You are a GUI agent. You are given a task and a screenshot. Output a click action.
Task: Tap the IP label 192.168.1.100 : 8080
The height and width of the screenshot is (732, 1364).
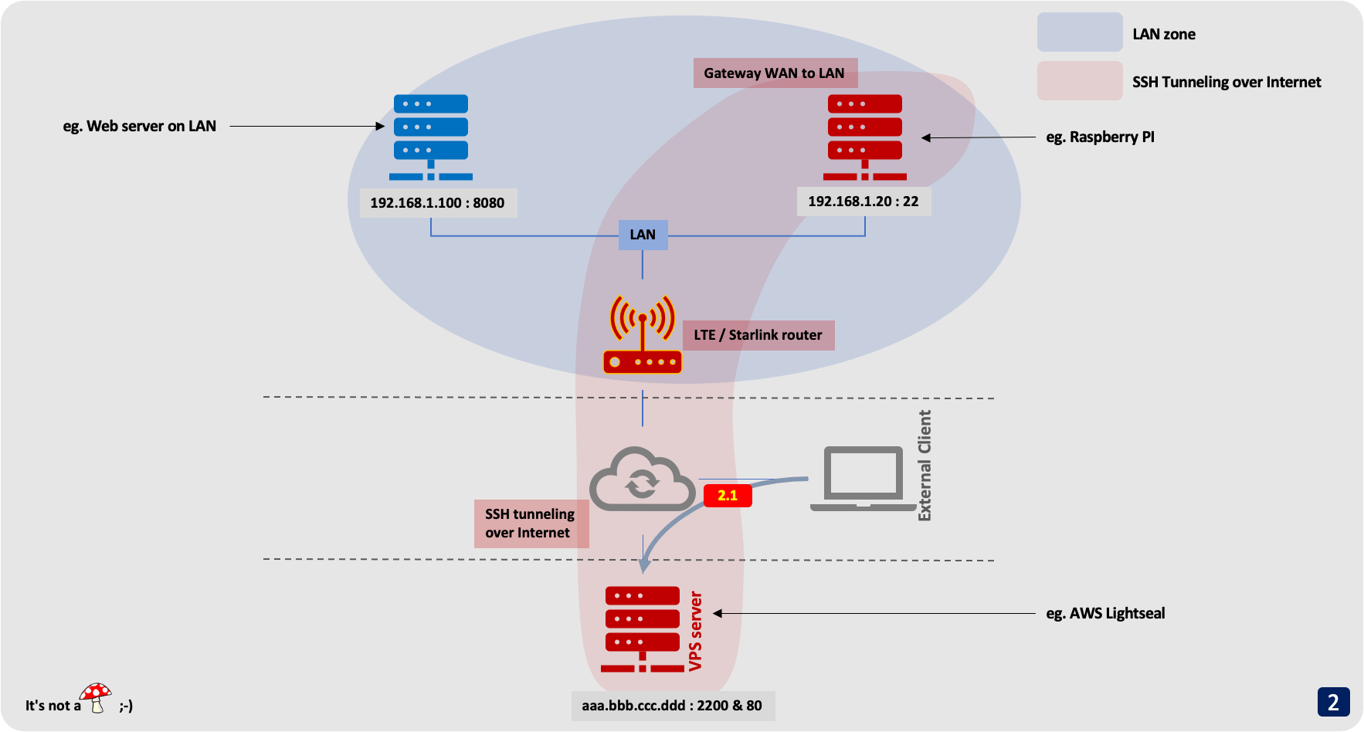click(x=437, y=203)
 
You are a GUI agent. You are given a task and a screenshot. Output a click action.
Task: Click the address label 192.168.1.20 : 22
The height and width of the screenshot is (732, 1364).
click(x=863, y=202)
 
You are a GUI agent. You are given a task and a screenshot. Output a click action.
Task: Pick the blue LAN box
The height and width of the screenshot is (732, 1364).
click(x=643, y=235)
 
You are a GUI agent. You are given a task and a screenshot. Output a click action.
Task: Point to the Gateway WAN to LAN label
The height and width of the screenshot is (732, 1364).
click(x=774, y=73)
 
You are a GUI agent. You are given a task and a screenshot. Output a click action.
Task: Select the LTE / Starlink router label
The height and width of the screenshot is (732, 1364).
click(x=758, y=335)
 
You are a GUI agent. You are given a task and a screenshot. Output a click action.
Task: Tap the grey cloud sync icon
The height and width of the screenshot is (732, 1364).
click(x=642, y=480)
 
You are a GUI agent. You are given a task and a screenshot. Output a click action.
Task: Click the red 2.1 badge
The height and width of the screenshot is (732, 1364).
click(x=728, y=496)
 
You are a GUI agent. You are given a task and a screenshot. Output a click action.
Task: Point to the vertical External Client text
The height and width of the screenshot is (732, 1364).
click(x=925, y=466)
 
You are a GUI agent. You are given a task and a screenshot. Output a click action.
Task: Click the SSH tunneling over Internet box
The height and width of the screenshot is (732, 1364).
click(x=531, y=524)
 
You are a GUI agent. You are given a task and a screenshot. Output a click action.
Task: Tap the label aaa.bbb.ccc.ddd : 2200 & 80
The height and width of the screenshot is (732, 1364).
click(x=672, y=706)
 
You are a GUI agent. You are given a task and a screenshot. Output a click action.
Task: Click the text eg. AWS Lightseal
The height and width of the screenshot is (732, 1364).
click(x=1105, y=614)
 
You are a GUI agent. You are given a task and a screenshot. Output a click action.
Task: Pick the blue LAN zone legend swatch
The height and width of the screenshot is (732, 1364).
click(x=1079, y=33)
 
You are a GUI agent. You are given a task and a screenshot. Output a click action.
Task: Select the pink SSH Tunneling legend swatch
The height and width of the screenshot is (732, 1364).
click(x=1079, y=81)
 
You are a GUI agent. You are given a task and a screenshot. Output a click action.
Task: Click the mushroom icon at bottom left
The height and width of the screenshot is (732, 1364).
click(x=96, y=697)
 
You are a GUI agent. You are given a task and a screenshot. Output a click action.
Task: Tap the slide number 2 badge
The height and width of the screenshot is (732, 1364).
click(x=1333, y=702)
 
